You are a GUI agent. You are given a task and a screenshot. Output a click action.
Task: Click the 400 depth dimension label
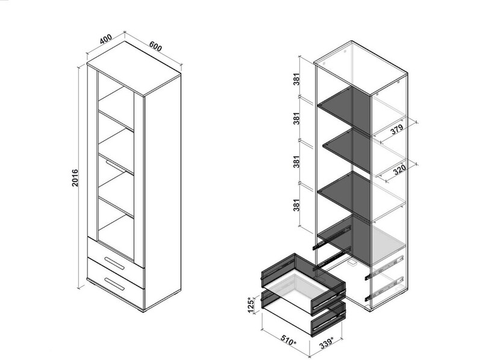pyautogui.click(x=106, y=39)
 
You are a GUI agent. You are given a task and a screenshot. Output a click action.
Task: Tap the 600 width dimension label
pyautogui.click(x=155, y=46)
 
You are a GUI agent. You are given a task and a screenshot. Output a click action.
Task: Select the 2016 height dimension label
pyautogui.click(x=75, y=178)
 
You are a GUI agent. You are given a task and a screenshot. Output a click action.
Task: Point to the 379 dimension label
pyautogui.click(x=397, y=129)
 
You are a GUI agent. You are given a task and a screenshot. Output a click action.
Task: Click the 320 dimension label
pyautogui.click(x=399, y=169)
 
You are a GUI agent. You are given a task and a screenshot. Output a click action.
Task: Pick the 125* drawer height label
pyautogui.click(x=251, y=305)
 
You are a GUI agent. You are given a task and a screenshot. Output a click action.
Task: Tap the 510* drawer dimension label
pyautogui.click(x=289, y=340)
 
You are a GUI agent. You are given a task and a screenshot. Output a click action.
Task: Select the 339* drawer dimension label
pyautogui.click(x=326, y=343)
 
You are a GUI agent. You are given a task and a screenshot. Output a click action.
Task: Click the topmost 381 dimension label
pyautogui.click(x=296, y=79)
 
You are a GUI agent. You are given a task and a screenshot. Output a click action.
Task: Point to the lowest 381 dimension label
pyautogui.click(x=296, y=205)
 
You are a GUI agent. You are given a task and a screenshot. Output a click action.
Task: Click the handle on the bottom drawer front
pyautogui.click(x=114, y=284)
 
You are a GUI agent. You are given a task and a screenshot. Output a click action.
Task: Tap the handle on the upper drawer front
pyautogui.click(x=114, y=263)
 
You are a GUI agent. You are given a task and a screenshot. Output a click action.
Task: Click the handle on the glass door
pyautogui.click(x=115, y=166)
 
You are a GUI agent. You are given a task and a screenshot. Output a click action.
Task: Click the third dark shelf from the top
pyautogui.click(x=344, y=193)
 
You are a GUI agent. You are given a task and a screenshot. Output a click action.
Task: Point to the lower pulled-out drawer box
pyautogui.click(x=303, y=313)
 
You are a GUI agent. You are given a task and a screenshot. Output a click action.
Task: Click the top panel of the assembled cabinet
pyautogui.click(x=134, y=67)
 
